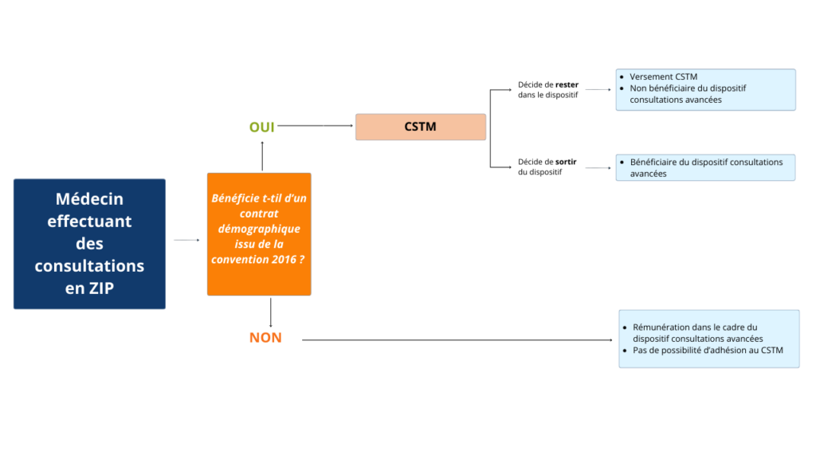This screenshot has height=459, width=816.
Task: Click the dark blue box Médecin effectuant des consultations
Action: (x=89, y=243)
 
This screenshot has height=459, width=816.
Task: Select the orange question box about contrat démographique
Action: (x=259, y=233)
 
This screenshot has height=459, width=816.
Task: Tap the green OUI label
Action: (x=261, y=127)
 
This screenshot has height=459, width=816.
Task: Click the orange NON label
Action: (x=265, y=338)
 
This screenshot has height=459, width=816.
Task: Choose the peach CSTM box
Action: (x=420, y=127)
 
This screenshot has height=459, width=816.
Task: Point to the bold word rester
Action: (x=567, y=84)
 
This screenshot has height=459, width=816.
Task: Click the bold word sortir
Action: (x=566, y=162)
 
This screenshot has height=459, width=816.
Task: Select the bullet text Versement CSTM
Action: (x=663, y=77)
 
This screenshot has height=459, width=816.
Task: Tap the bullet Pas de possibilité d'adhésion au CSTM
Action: (x=708, y=351)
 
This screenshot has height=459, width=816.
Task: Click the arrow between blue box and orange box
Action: (x=186, y=240)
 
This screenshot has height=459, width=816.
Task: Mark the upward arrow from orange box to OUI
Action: (x=261, y=156)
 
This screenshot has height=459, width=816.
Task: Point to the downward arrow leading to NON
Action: (x=271, y=312)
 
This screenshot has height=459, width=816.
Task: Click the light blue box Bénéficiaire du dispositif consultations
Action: (x=705, y=167)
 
